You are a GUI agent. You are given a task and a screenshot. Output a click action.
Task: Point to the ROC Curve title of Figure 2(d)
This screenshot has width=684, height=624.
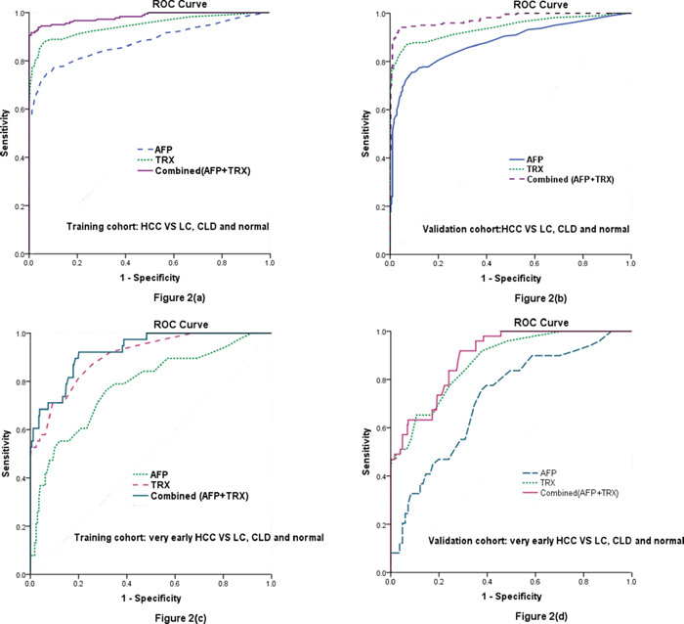(511, 323)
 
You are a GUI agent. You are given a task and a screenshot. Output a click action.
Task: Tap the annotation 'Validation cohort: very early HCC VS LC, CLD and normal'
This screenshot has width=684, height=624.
(555, 540)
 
